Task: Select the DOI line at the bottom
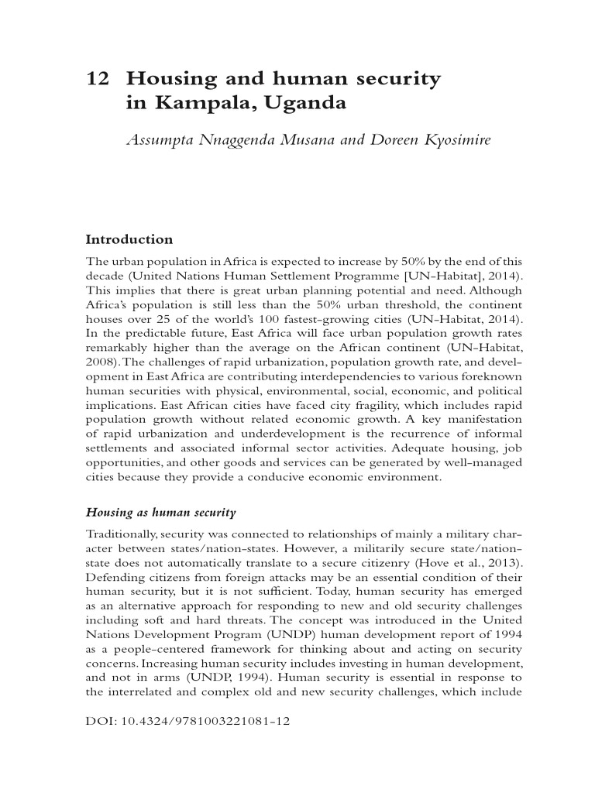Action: pos(185,720)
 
